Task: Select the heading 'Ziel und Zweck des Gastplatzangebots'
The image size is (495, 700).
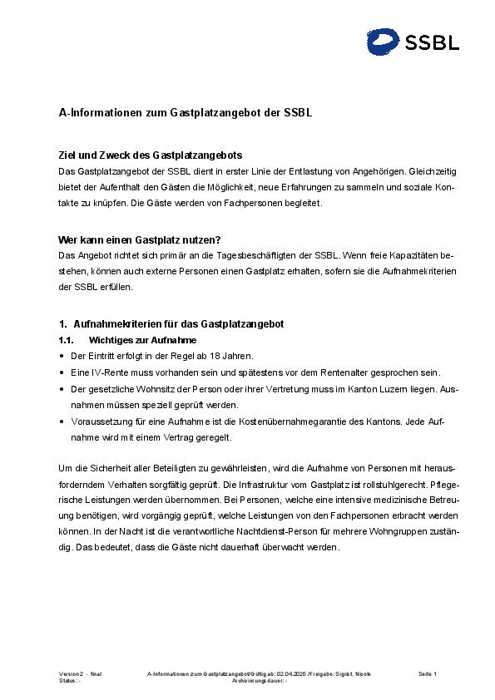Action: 150,155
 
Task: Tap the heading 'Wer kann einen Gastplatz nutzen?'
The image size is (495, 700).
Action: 139,239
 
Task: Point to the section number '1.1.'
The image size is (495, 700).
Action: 67,340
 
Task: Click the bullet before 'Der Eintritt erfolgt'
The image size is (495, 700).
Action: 62,356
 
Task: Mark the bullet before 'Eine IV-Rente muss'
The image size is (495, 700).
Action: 62,372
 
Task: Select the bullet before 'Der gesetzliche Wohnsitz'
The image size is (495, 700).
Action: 62,388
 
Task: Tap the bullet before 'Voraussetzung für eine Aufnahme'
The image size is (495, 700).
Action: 62,421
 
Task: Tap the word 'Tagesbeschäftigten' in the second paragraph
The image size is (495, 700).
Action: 265,255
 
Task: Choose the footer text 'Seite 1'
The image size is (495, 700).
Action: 428,673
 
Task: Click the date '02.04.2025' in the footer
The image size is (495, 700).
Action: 291,673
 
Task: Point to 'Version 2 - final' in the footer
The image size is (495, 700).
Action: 80,673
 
